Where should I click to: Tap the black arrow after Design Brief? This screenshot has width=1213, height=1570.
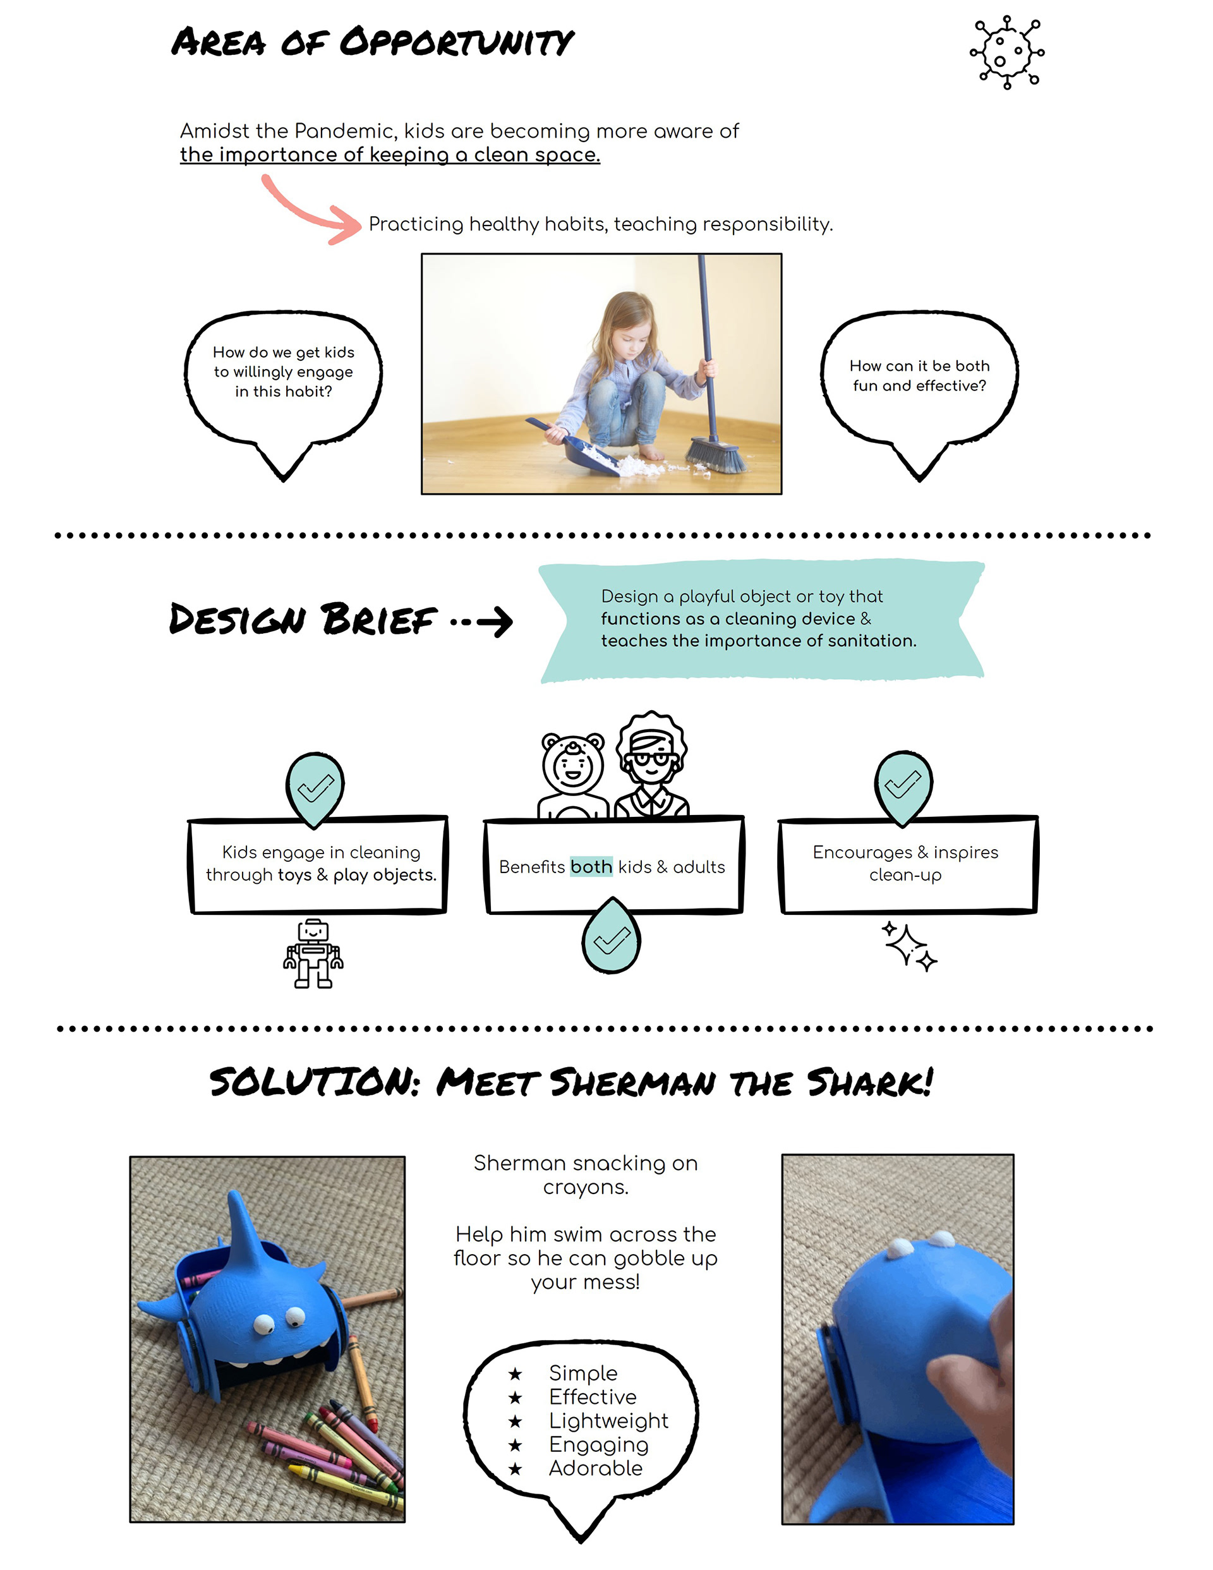click(x=495, y=622)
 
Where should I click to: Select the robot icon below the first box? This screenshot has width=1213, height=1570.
click(x=313, y=953)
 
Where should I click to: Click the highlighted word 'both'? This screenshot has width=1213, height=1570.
click(x=591, y=867)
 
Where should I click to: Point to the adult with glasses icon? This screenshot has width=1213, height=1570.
click(x=651, y=766)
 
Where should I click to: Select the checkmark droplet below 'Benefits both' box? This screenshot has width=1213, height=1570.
click(x=610, y=938)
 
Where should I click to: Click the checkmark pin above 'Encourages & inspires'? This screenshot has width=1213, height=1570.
click(x=903, y=787)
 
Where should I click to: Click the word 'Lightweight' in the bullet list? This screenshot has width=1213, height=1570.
click(x=608, y=1420)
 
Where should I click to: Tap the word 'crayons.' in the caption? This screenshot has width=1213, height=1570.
click(x=585, y=1188)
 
